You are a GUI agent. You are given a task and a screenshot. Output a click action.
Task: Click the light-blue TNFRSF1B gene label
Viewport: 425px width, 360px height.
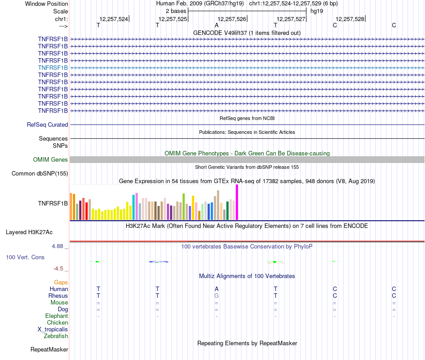click(x=53, y=68)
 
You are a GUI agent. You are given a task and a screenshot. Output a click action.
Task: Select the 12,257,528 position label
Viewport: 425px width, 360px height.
click(x=350, y=19)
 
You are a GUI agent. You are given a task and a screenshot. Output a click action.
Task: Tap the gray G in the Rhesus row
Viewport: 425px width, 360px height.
click(x=217, y=296)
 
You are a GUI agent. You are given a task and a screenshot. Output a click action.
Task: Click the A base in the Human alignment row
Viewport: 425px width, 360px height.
click(x=217, y=289)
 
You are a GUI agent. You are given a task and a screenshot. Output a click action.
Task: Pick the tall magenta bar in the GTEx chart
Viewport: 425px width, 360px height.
click(x=237, y=202)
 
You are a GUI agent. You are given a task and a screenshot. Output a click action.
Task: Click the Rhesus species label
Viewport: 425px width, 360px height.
click(x=58, y=296)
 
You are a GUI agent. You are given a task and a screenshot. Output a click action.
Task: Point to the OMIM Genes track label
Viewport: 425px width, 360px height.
click(x=50, y=160)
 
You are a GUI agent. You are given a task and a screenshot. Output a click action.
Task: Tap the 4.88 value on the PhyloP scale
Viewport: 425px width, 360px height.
click(x=58, y=246)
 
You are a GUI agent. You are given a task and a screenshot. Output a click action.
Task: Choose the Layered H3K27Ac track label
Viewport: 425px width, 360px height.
click(x=29, y=232)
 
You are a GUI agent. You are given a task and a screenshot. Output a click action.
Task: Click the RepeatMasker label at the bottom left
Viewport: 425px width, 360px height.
click(x=49, y=349)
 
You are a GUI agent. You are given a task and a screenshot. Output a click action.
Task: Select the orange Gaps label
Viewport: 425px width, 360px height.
click(x=61, y=282)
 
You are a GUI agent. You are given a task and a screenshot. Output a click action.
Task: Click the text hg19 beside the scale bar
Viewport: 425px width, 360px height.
click(x=316, y=10)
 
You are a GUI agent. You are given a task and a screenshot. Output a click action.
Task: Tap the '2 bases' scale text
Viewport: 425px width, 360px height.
click(x=176, y=10)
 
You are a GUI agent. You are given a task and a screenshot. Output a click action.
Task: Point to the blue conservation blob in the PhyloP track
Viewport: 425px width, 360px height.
click(x=158, y=261)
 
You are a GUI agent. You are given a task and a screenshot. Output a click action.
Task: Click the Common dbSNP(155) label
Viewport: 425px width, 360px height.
click(x=40, y=174)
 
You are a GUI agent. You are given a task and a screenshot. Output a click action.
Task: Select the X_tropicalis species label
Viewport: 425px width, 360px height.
click(x=53, y=329)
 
